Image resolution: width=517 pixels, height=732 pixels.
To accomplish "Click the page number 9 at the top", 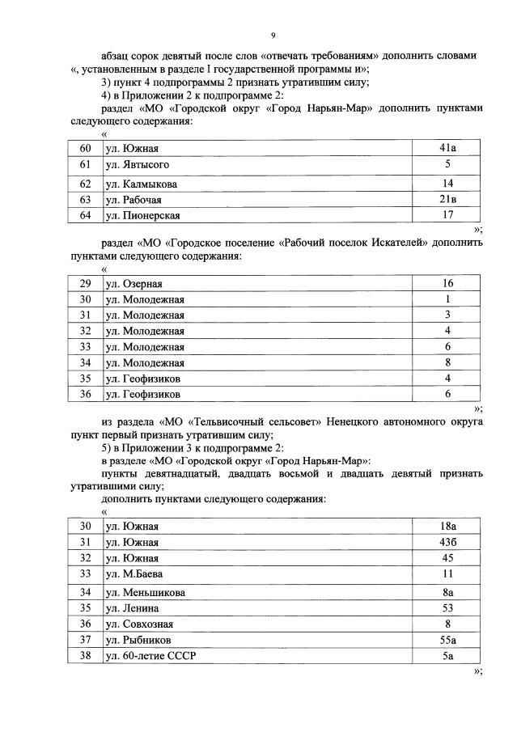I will [x=273, y=36].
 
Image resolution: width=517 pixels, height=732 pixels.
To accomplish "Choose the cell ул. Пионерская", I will [x=142, y=216].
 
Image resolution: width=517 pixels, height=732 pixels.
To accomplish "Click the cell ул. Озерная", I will [x=134, y=284].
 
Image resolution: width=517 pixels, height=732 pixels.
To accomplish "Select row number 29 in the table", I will [x=85, y=284].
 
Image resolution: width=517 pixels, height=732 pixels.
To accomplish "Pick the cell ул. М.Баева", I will [x=134, y=574].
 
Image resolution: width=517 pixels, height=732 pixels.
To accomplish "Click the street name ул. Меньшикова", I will [x=145, y=593].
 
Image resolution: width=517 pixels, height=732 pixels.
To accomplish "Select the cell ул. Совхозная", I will [x=139, y=624].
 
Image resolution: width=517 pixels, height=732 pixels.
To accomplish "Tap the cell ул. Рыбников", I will [x=138, y=640].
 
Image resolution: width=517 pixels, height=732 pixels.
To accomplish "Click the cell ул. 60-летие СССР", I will [x=150, y=656].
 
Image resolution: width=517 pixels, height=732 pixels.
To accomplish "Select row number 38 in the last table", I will [x=85, y=656].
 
